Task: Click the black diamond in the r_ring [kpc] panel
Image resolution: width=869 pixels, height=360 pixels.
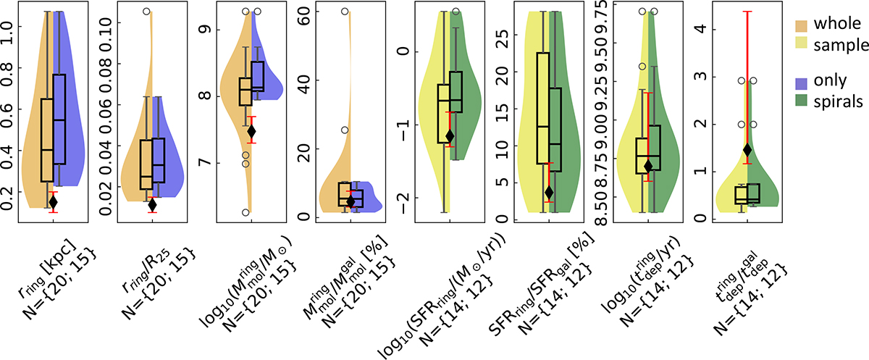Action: coord(53,202)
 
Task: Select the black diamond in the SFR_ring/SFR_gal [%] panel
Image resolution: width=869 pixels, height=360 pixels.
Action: coord(550,192)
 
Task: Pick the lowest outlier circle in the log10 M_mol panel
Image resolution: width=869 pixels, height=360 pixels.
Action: coord(245,212)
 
